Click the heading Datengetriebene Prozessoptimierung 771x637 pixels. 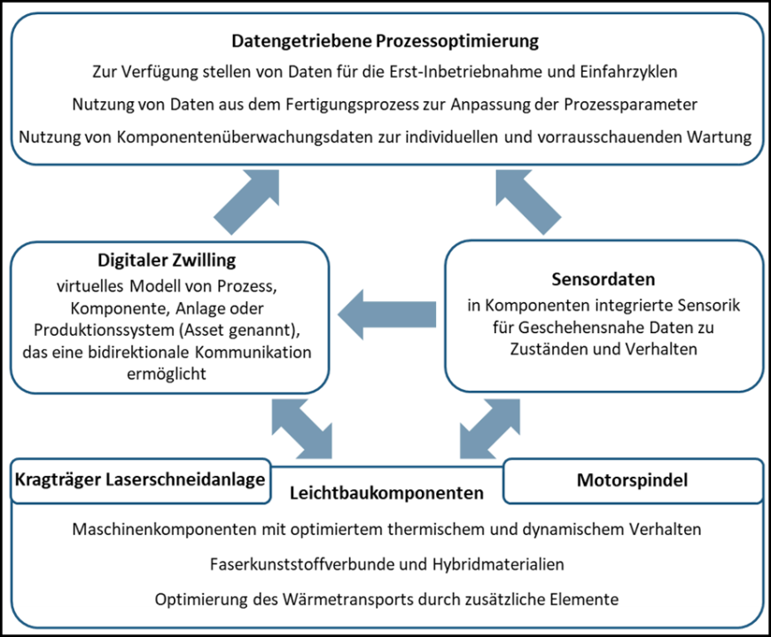coord(385,41)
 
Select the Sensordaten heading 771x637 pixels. coord(604,279)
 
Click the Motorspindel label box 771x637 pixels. coord(633,480)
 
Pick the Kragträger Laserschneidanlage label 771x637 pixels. coord(139,480)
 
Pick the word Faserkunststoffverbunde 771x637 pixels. coord(292,563)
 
